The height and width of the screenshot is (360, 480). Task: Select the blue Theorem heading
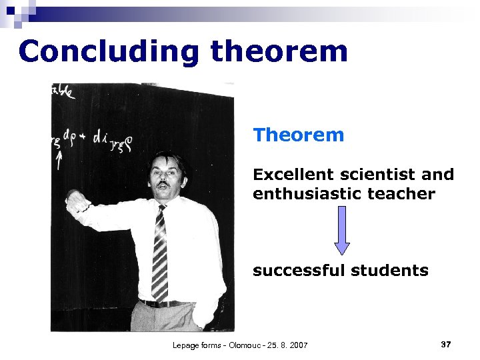coord(298,135)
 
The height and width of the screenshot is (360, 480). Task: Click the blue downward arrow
coord(341,230)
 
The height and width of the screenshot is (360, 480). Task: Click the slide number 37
coord(446,344)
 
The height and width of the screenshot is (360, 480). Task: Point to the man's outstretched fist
coord(75,200)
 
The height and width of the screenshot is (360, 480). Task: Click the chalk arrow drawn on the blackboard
coord(60,159)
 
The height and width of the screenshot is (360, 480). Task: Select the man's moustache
coord(161,181)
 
